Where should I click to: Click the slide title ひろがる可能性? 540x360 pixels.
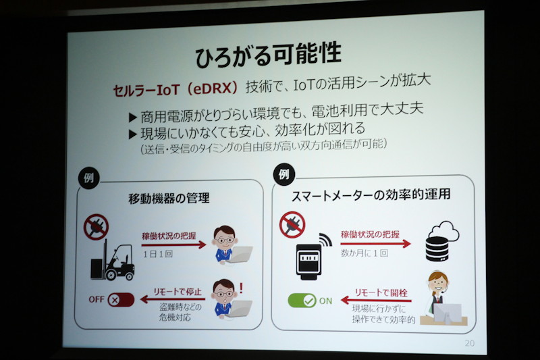point(268,55)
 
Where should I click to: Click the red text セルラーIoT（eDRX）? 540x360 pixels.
point(175,90)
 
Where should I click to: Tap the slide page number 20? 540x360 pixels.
point(470,343)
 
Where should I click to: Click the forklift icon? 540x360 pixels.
point(112,260)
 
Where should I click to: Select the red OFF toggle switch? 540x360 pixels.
point(121,300)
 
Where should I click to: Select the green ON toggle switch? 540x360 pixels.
point(302,301)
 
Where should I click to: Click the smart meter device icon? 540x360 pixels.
point(309,259)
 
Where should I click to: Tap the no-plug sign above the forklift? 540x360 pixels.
point(96,227)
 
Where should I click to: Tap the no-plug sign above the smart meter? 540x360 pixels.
point(292,225)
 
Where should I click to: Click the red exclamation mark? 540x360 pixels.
point(241,288)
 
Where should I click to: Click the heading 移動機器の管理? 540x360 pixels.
point(169,199)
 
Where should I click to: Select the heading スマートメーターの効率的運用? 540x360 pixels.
point(371,195)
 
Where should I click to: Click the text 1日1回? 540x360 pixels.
point(158,254)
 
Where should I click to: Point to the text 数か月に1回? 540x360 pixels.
point(364,253)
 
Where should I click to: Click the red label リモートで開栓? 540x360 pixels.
point(381,293)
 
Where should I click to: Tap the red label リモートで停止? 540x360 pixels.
point(177,292)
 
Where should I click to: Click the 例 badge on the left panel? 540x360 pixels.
point(89,178)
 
